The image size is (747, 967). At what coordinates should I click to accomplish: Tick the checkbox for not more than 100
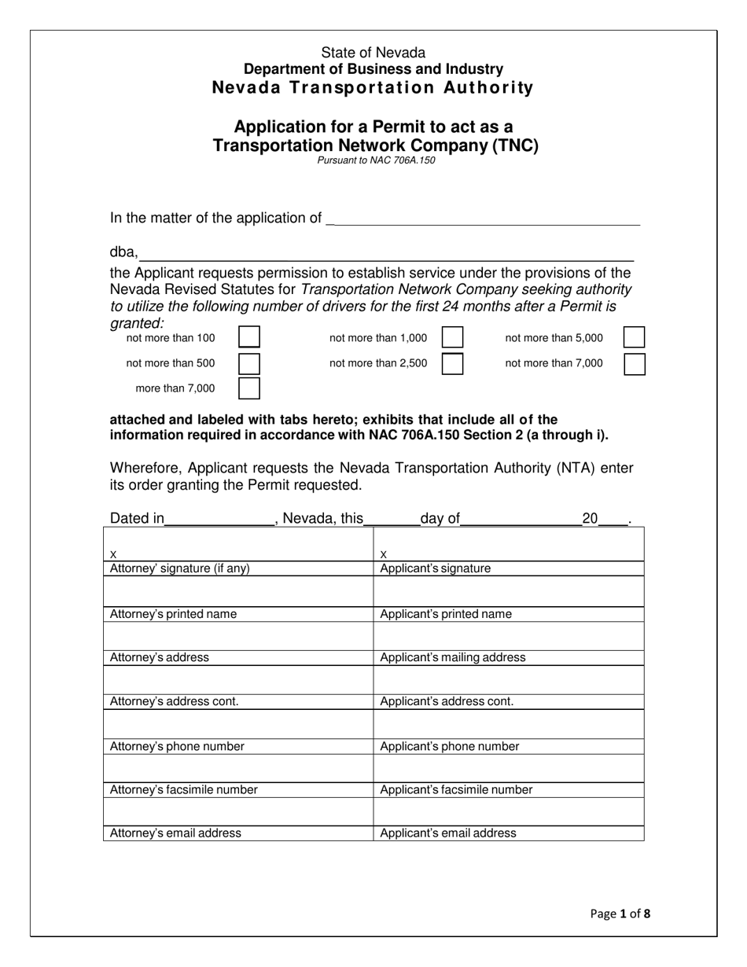click(249, 338)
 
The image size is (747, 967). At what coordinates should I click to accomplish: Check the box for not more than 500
click(249, 363)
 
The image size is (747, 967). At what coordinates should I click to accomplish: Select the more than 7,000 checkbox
click(249, 388)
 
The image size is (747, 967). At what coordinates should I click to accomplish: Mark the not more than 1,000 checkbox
click(452, 338)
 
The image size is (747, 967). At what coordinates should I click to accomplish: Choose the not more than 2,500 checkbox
click(452, 363)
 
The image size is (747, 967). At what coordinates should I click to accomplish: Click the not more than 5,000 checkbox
click(634, 338)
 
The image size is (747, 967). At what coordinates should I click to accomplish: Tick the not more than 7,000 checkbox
click(634, 364)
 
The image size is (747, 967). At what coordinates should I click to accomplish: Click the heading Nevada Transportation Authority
click(373, 87)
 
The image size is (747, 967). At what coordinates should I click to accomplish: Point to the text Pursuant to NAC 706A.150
click(376, 160)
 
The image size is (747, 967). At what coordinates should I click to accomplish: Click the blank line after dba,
click(386, 253)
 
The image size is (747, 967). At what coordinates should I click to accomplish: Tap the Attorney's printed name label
click(173, 614)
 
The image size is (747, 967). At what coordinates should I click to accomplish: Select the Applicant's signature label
click(435, 568)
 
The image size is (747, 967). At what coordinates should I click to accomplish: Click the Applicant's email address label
click(448, 833)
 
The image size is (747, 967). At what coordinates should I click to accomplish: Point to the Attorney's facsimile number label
click(183, 790)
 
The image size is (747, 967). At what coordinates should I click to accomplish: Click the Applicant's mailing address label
click(453, 657)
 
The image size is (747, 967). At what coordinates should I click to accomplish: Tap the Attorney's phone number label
click(177, 747)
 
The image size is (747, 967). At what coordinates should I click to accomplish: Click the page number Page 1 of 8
click(620, 914)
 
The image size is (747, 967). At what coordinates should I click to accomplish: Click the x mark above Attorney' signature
click(113, 555)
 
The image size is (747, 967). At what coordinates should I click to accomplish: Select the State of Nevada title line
click(373, 53)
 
